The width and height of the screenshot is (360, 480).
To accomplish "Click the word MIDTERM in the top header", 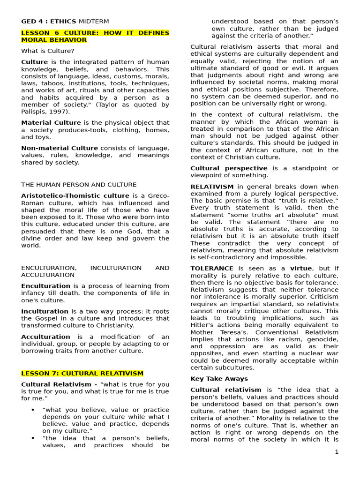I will (94, 22).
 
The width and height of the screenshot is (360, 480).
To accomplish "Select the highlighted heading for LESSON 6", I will (95, 36).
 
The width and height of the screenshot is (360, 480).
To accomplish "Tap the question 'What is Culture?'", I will (48, 51).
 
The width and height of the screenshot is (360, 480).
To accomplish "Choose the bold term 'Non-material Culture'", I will (60, 148).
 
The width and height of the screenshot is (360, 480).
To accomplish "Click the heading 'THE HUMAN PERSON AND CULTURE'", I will (79, 185).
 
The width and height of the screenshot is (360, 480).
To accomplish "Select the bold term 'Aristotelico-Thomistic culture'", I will (75, 196).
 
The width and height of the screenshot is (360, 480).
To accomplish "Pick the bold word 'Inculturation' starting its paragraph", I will (45, 311).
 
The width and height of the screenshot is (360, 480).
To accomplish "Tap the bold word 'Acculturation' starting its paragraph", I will (45, 337).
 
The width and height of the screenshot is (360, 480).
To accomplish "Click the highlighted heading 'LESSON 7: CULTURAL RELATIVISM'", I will (82, 373).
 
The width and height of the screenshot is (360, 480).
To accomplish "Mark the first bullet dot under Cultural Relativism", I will (33, 410).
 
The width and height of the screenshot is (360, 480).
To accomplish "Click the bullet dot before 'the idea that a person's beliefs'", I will (33, 438).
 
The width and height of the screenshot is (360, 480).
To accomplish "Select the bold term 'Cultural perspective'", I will (229, 168).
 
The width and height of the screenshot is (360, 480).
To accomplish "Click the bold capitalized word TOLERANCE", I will (212, 268).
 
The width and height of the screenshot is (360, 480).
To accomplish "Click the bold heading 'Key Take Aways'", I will (219, 378).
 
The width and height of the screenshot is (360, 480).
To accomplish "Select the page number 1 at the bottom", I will (336, 452).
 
